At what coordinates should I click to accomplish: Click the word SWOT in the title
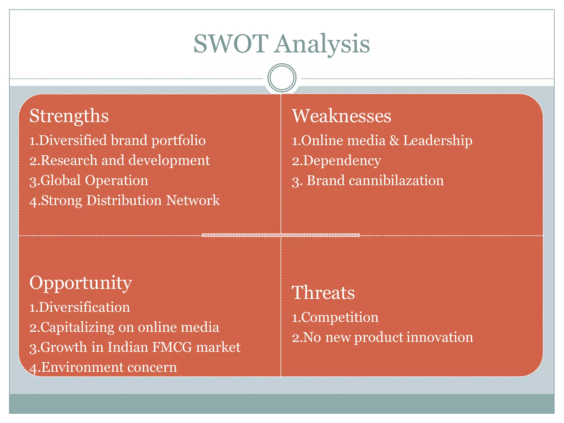[231, 44]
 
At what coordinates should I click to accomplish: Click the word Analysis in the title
[322, 45]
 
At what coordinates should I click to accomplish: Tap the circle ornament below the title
[282, 78]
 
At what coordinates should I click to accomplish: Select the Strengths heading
[69, 116]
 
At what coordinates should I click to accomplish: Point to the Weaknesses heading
[341, 116]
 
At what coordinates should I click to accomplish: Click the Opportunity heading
[81, 283]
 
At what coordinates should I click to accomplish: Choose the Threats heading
[323, 292]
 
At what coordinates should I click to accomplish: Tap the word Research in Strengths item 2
[69, 161]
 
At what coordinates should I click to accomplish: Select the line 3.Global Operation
[89, 181]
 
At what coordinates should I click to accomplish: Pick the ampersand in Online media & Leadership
[394, 140]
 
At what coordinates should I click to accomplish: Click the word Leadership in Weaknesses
[438, 140]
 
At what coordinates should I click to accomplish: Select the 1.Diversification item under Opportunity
[80, 307]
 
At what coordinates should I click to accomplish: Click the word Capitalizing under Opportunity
[77, 328]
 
